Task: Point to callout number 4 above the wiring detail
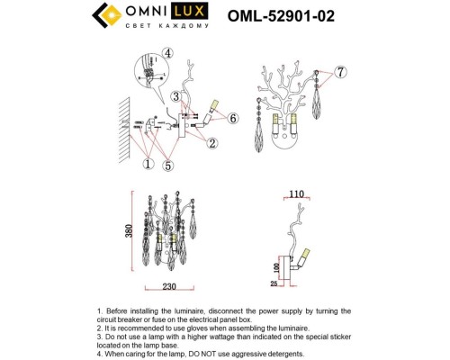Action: (168, 52)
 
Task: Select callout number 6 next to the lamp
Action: (232, 118)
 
